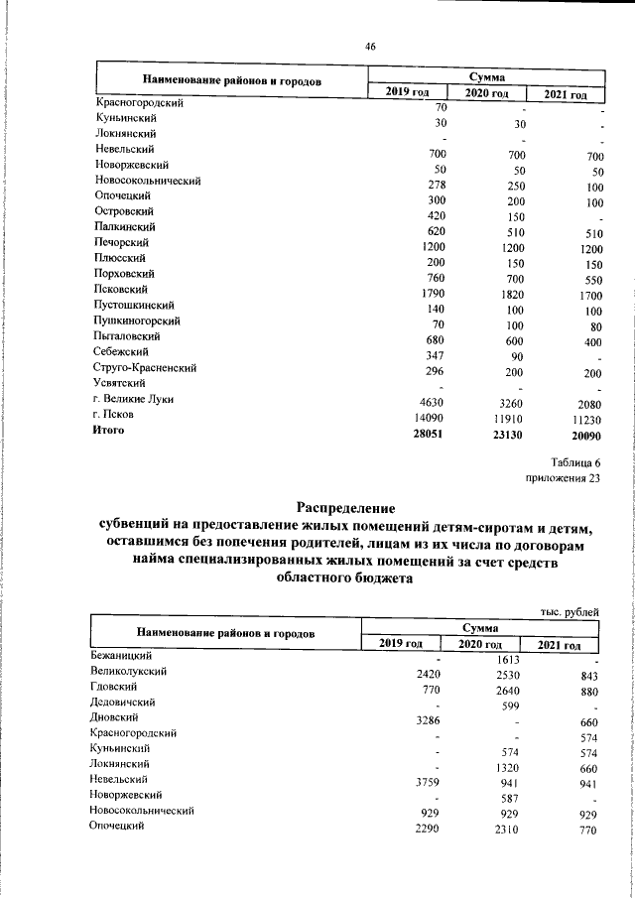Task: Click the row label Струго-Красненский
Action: pyautogui.click(x=145, y=367)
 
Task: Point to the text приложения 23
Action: pyautogui.click(x=563, y=479)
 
